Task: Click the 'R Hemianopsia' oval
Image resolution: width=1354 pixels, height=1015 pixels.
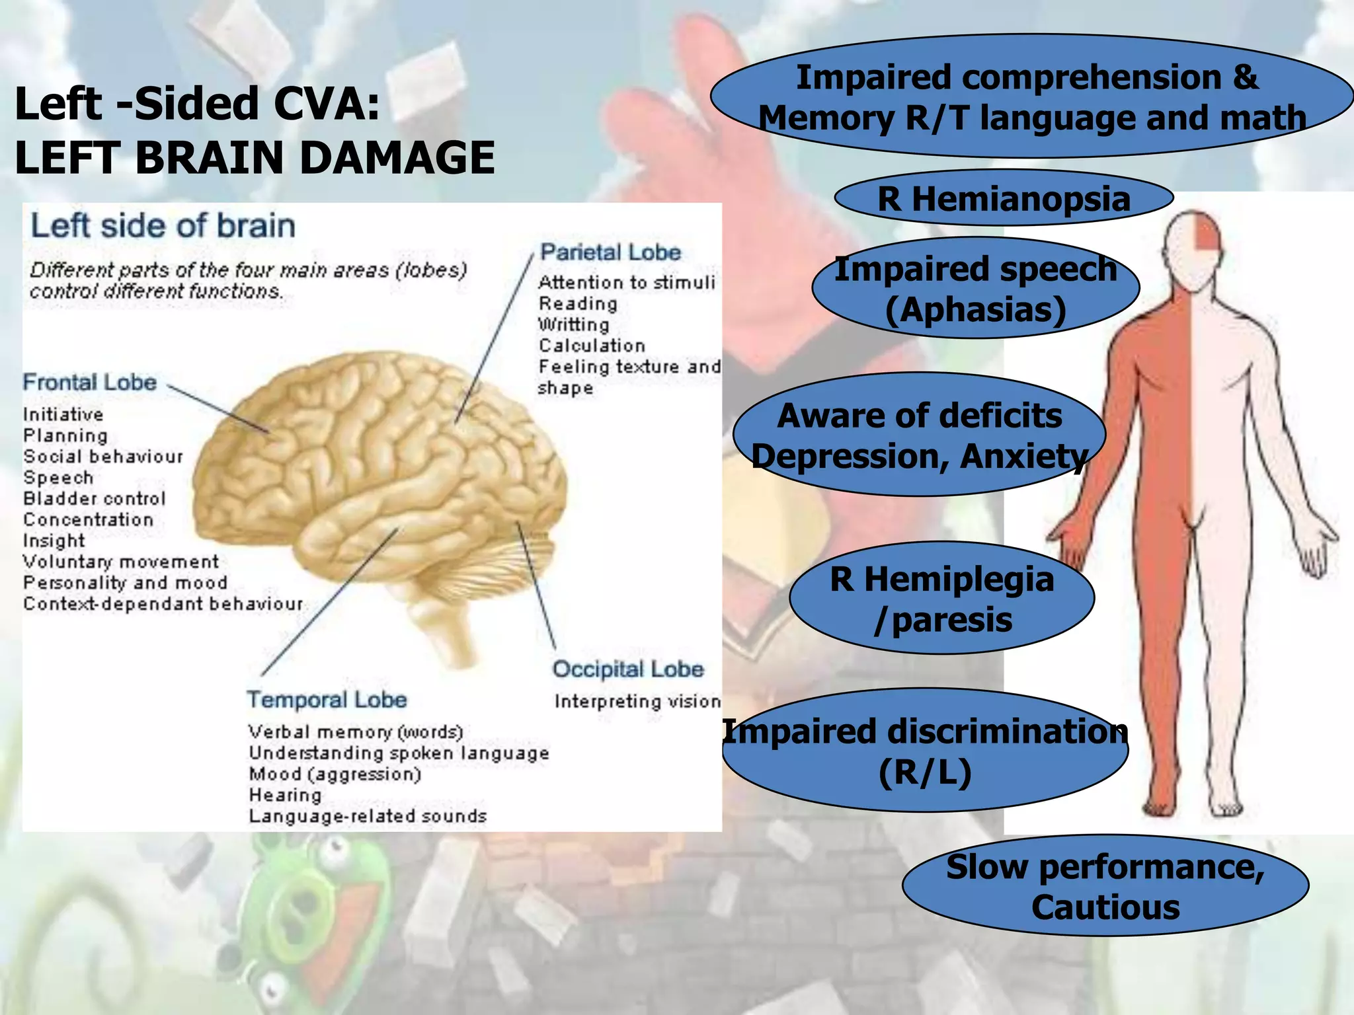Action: coord(1004,198)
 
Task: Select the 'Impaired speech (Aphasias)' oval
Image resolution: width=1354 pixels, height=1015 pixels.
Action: coord(976,289)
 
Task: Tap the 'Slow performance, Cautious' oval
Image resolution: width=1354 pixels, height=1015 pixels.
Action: coord(1105,886)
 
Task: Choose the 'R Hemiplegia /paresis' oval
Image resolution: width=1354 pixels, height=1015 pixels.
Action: coord(942,599)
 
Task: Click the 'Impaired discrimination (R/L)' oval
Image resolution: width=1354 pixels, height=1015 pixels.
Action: coord(925,751)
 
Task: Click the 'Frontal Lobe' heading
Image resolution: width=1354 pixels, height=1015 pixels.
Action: coord(90,382)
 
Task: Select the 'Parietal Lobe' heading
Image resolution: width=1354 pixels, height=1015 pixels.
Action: coord(610,252)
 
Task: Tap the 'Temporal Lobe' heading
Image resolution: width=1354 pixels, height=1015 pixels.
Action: coord(327,699)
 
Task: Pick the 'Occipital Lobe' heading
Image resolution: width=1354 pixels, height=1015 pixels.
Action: coord(628,669)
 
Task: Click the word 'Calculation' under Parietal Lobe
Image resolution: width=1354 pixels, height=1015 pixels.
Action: coord(592,345)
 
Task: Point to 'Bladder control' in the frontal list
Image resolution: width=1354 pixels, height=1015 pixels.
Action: coord(95,498)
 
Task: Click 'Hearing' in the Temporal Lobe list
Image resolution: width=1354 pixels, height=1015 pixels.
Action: coord(285,794)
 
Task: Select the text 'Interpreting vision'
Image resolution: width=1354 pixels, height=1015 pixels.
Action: coord(637,701)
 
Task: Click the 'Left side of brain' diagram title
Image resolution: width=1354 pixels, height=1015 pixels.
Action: coord(163,225)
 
